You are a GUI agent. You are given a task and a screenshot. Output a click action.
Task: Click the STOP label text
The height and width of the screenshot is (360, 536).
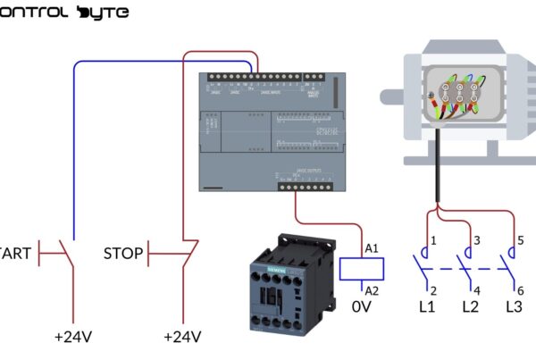[x=123, y=254]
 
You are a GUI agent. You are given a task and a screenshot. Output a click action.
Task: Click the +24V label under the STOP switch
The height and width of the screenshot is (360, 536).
[x=182, y=337]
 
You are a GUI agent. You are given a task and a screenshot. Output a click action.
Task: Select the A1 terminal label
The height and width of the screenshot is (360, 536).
[x=372, y=248]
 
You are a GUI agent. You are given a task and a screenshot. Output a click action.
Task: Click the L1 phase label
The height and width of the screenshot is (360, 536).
[x=426, y=306]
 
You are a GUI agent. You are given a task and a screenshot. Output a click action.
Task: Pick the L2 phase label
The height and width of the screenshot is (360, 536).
[x=470, y=306]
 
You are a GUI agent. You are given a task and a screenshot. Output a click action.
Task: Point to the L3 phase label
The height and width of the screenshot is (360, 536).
[x=514, y=306]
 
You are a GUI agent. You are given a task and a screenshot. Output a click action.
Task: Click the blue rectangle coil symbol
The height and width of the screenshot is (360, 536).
[x=363, y=268]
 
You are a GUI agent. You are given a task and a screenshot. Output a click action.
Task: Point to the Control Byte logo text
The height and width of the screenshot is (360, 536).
[x=64, y=13]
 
